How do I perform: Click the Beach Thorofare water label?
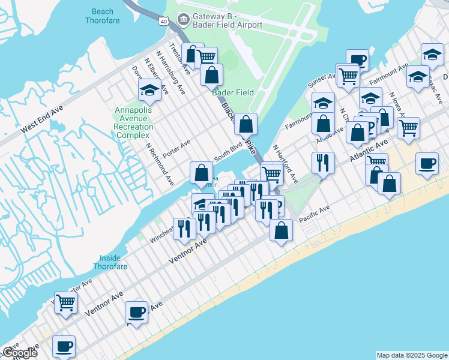(x=106, y=16)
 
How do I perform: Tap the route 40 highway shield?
(x=163, y=21)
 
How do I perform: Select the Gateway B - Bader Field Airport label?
(x=227, y=20)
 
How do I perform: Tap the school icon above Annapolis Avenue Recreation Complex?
(x=148, y=91)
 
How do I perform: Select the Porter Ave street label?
(x=176, y=148)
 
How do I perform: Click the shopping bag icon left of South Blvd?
(x=201, y=173)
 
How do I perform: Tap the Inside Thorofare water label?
(x=111, y=262)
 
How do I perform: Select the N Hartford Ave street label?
(x=285, y=164)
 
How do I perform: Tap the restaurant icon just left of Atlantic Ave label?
(x=323, y=162)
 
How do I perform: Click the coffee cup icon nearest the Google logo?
(x=64, y=346)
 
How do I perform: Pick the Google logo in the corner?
(x=20, y=353)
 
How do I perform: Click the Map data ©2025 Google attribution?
(x=412, y=355)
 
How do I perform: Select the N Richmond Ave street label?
(x=160, y=164)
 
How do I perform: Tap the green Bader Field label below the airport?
(x=233, y=92)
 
